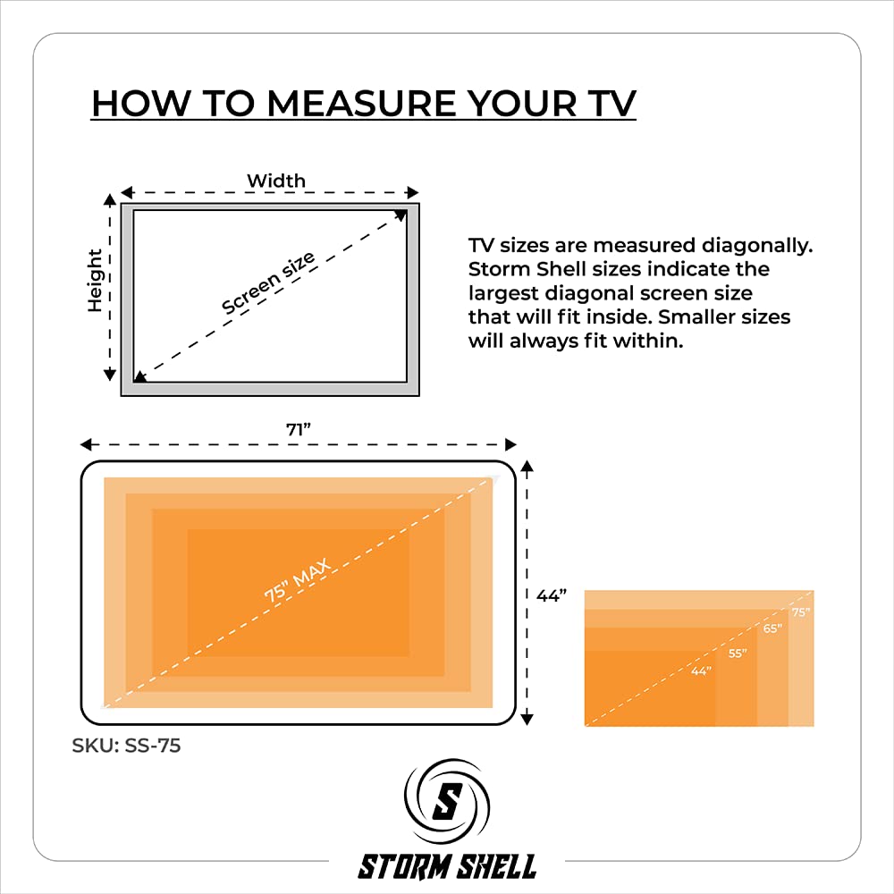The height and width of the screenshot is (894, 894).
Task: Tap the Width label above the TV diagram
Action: click(x=276, y=181)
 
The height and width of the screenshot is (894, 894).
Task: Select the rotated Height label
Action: click(x=95, y=281)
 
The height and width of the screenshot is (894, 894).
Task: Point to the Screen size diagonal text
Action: click(x=268, y=283)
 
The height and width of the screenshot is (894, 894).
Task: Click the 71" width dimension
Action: click(x=299, y=429)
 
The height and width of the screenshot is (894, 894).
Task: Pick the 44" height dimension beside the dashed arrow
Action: click(x=552, y=595)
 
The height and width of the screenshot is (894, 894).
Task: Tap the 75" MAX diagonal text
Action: click(x=297, y=580)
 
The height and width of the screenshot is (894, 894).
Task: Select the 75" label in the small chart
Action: click(x=800, y=612)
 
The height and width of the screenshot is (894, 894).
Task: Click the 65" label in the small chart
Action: click(x=772, y=628)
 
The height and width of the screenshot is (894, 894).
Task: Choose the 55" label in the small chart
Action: click(x=738, y=654)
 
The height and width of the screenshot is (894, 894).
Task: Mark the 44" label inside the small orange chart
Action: click(x=701, y=671)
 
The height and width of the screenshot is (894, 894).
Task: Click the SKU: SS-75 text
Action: click(x=126, y=746)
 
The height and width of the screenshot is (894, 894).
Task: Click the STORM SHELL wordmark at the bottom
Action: click(x=447, y=866)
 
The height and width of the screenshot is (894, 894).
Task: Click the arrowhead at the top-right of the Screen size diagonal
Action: click(x=401, y=215)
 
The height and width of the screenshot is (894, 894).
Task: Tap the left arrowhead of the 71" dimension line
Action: click(x=86, y=444)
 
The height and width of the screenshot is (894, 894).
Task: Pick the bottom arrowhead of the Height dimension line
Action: click(x=109, y=375)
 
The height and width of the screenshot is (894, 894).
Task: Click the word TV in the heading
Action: click(x=612, y=104)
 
